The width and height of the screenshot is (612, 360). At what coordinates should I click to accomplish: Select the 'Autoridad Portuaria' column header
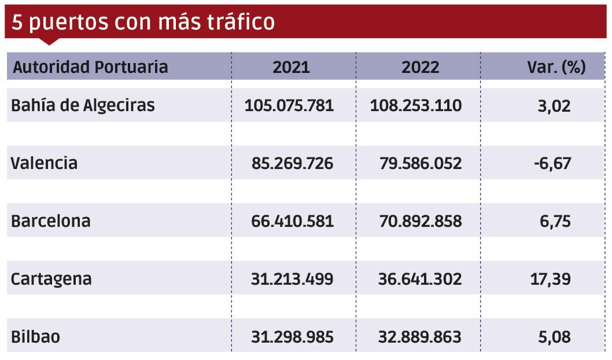click(90, 67)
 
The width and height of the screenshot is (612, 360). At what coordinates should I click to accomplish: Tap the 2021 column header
click(291, 67)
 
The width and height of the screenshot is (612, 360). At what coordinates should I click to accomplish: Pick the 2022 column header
click(420, 67)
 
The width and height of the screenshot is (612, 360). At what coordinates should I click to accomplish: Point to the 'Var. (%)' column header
click(556, 67)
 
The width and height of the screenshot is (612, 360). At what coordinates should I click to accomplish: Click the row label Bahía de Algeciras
click(83, 106)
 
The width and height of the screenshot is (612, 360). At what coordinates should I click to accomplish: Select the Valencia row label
click(44, 163)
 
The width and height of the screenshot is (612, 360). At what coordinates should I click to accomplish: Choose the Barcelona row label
click(51, 221)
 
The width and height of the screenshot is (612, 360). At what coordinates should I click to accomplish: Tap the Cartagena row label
click(51, 279)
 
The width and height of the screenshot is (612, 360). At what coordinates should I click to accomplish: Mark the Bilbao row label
click(35, 337)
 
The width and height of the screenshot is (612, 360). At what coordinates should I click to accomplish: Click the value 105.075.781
click(289, 106)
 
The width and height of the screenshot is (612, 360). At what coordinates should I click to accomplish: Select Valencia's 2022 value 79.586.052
click(421, 163)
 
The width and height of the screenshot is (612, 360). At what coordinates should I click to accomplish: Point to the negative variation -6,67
click(552, 163)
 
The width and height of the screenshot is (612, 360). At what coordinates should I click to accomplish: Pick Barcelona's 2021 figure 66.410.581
click(292, 221)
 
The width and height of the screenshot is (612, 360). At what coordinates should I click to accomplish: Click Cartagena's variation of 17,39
click(550, 279)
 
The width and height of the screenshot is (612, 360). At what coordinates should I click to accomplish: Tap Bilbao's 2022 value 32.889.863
click(420, 337)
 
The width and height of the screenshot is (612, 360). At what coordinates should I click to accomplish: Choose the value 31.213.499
click(292, 279)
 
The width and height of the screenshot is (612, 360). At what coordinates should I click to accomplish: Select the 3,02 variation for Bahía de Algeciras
click(554, 106)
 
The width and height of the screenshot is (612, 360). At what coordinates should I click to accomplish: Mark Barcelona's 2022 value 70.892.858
click(421, 221)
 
